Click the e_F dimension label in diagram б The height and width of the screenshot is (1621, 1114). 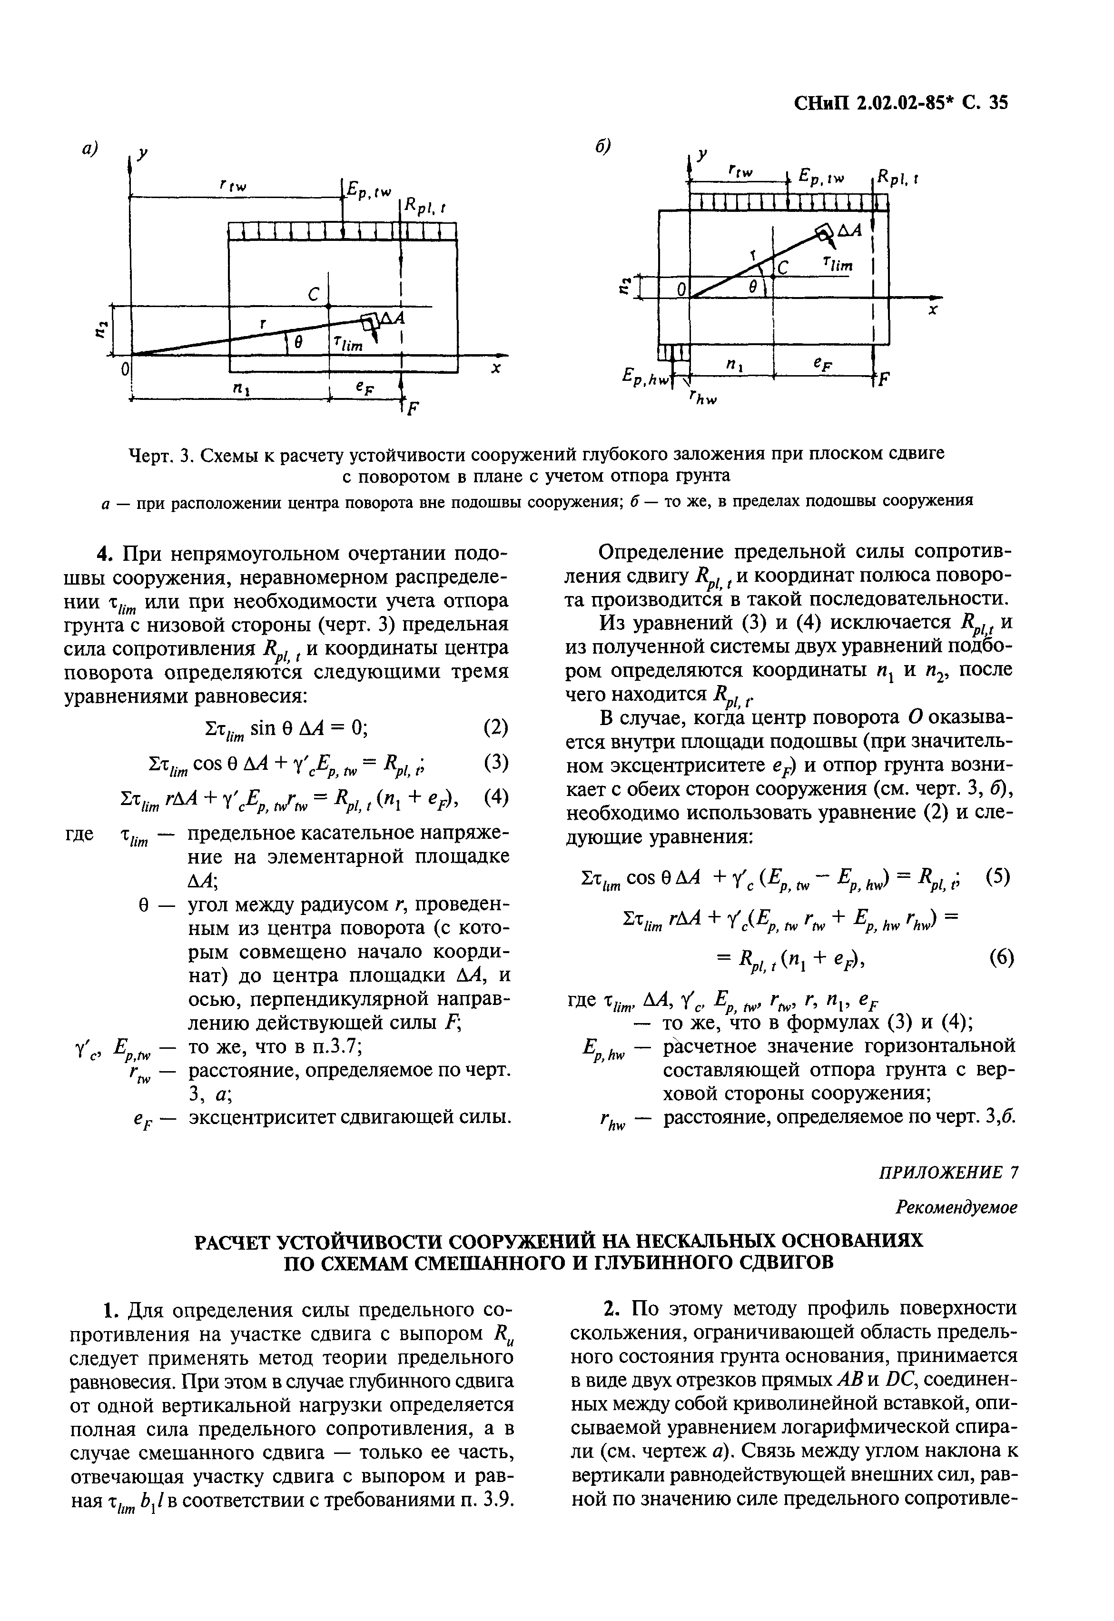coord(824,364)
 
